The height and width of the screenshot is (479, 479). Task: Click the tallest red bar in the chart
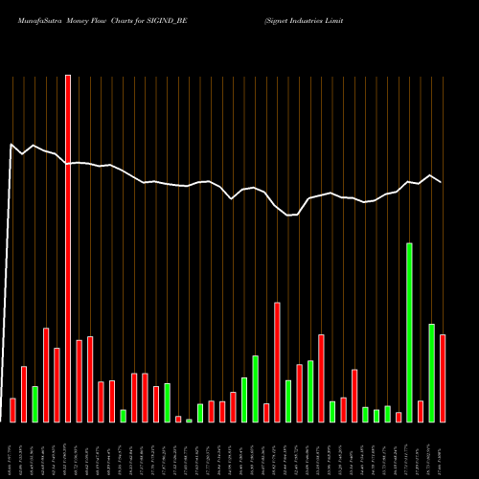point(68,249)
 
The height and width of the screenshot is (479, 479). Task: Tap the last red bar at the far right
point(443,378)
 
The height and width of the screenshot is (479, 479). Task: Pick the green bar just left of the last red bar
point(431,373)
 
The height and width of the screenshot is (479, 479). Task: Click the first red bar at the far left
point(12,410)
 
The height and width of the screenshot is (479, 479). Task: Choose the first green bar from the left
point(35,404)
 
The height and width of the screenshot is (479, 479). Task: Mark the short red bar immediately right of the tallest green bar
point(421,411)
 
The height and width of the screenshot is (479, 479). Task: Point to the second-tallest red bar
point(277,362)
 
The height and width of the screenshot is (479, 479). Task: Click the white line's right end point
point(442,182)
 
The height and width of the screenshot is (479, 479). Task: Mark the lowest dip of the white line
point(288,216)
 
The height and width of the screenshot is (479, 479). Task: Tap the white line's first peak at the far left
point(11,145)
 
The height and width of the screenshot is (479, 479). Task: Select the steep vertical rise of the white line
point(8,287)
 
